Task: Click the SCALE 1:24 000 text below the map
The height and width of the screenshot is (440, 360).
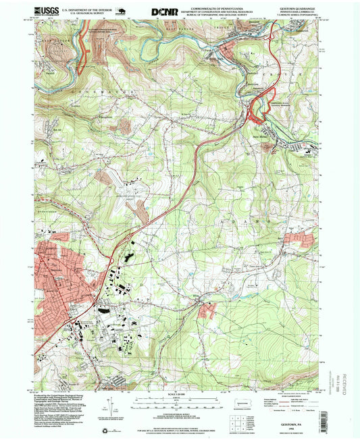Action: [x=179, y=393]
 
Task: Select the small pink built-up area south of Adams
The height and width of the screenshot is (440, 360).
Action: [x=207, y=310]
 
